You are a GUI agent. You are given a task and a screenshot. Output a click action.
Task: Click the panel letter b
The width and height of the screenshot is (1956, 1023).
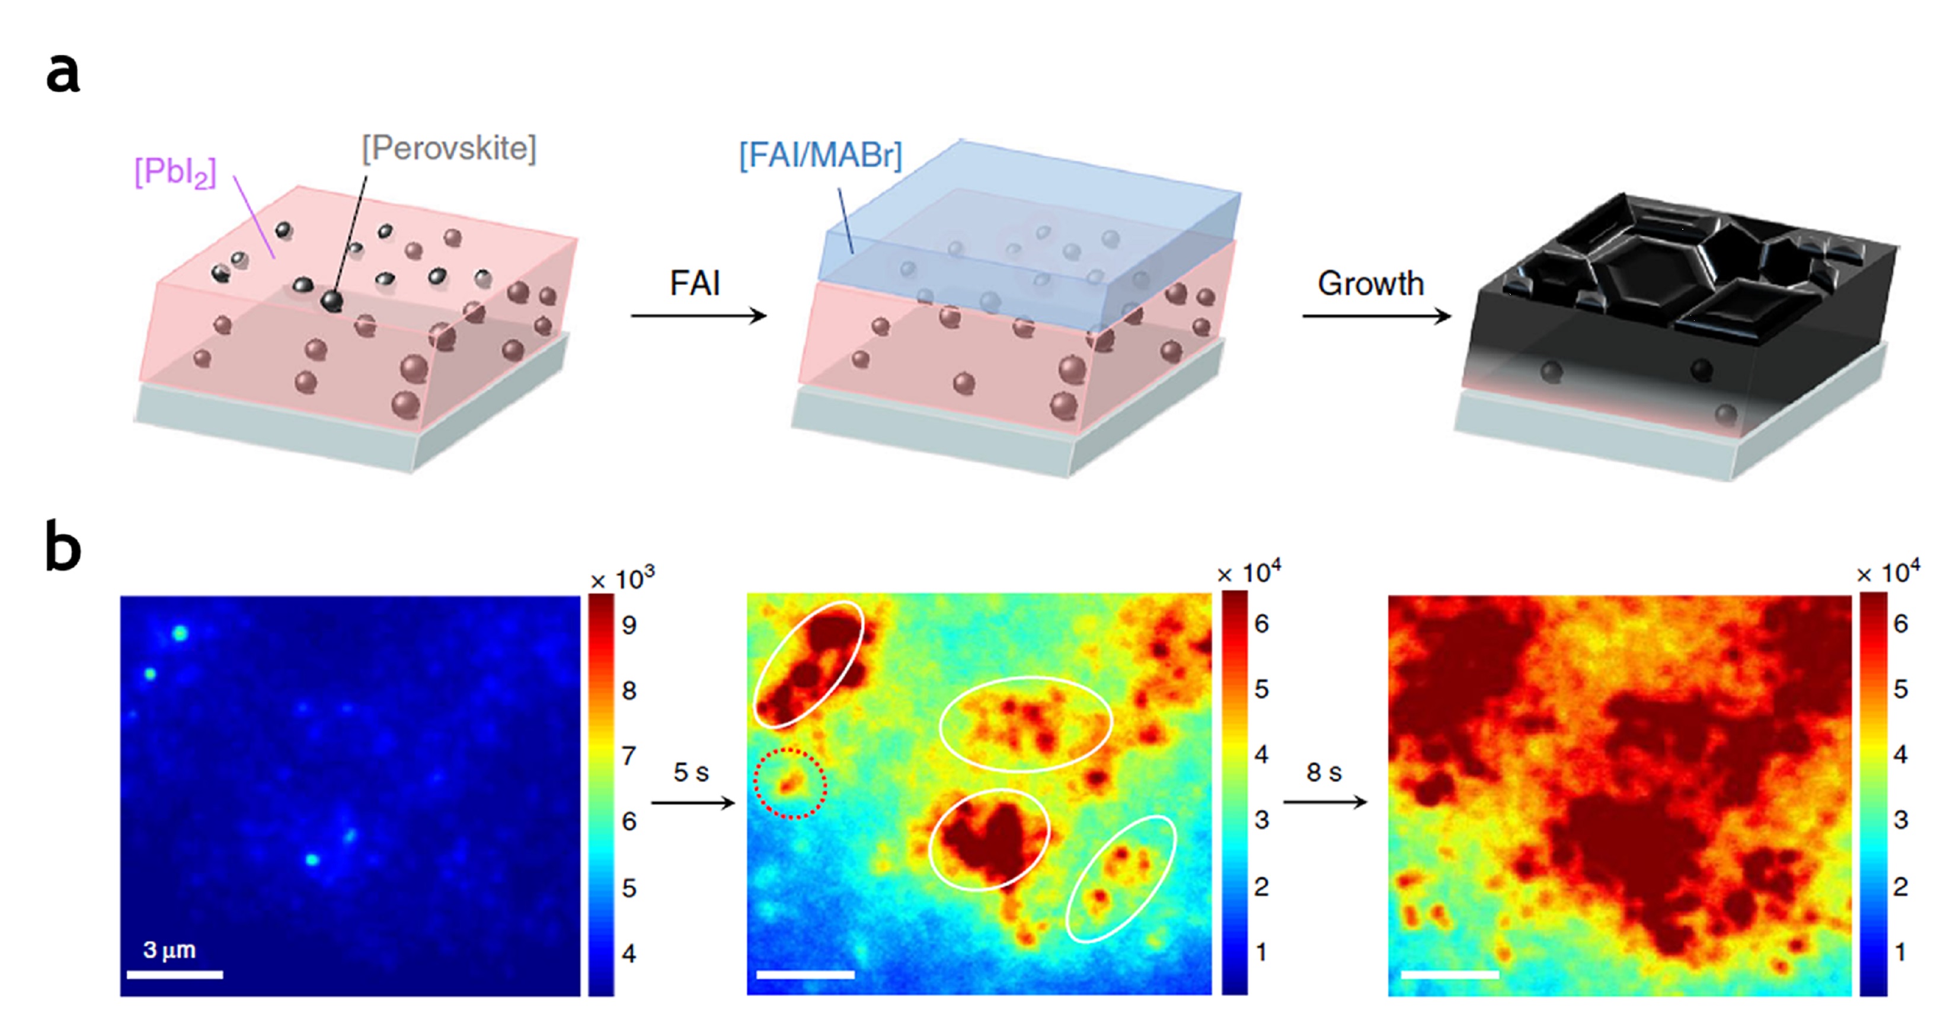[63, 546]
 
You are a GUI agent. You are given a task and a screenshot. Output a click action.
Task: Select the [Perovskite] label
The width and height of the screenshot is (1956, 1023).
[449, 148]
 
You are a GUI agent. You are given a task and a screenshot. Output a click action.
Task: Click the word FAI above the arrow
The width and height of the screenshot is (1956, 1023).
[694, 283]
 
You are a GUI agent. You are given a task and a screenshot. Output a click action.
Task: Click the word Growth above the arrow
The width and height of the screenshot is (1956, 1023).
[1370, 283]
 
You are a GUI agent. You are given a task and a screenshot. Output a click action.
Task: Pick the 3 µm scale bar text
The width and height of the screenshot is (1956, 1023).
[170, 949]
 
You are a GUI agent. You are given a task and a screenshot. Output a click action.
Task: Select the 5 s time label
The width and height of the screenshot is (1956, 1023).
[691, 772]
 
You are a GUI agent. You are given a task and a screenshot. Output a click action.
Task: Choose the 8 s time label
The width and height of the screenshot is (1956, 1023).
[1324, 772]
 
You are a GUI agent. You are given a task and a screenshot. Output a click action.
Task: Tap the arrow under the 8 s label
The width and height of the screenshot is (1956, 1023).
[1325, 802]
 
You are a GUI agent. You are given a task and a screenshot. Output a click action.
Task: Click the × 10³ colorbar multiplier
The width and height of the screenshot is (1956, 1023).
[622, 579]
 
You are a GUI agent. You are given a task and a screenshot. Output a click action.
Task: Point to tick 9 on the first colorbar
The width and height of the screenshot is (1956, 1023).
[629, 625]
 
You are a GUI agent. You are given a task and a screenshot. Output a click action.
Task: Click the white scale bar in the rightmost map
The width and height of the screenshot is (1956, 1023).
[1450, 974]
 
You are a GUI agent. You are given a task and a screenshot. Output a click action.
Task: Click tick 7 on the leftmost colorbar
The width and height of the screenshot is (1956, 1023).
[629, 756]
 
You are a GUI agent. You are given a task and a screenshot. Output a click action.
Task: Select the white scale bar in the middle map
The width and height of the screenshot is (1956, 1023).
[805, 974]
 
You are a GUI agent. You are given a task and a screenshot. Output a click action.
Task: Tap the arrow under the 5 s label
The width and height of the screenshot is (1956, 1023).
[692, 803]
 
